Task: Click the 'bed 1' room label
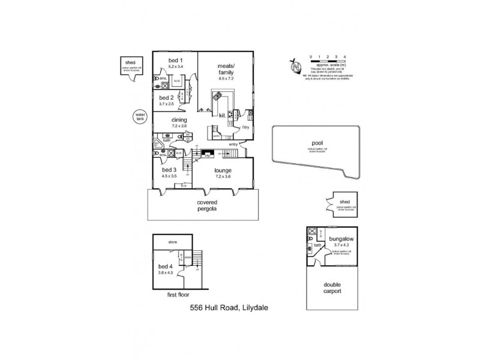pos(175,61)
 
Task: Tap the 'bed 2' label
pos(166,97)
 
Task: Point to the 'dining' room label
pos(179,120)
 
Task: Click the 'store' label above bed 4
pos(172,242)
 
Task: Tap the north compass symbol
pos(293,67)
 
